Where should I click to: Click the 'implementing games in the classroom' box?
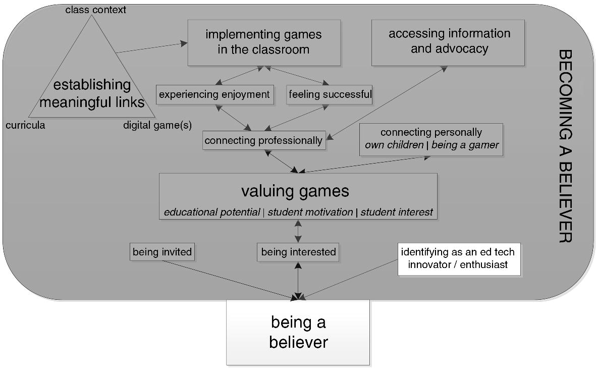click(x=264, y=42)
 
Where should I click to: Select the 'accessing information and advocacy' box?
click(x=448, y=42)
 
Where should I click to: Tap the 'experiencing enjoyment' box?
click(x=214, y=95)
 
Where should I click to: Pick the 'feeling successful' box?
click(x=330, y=95)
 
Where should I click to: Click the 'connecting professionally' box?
click(x=263, y=140)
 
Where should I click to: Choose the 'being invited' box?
click(x=162, y=251)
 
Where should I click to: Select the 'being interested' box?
click(x=298, y=251)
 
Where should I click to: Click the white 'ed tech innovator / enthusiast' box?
click(x=459, y=258)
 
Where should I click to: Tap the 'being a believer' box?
click(x=298, y=332)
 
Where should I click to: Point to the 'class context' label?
click(x=96, y=10)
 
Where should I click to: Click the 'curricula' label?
click(x=25, y=125)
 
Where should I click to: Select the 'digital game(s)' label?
click(x=157, y=125)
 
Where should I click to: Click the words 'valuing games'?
click(x=295, y=191)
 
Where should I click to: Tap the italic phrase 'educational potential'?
click(x=212, y=212)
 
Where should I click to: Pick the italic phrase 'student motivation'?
click(x=310, y=212)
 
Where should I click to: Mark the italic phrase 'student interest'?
click(x=397, y=212)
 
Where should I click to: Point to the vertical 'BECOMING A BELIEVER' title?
click(x=565, y=146)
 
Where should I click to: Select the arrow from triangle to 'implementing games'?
click(x=151, y=48)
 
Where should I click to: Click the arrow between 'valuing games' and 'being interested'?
click(x=298, y=232)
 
